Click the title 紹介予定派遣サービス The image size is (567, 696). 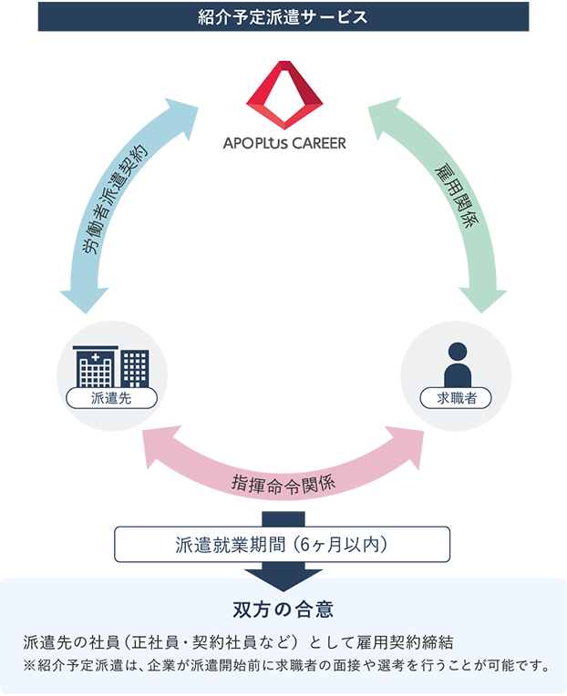point(283,17)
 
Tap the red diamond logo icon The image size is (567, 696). point(285,95)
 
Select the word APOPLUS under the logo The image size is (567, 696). point(254,143)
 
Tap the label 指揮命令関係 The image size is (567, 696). point(283,481)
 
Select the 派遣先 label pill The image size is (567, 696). point(110,398)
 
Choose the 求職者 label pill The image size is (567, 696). point(456,398)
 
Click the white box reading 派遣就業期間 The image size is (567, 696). point(283,545)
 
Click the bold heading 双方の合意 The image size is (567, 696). point(283,608)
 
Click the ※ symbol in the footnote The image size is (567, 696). point(31,665)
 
